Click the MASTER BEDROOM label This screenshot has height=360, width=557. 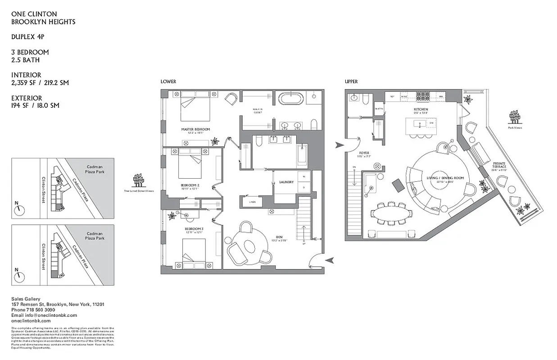[x=195, y=129]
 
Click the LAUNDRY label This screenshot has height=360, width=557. [x=286, y=182]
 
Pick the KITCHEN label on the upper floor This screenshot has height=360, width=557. [x=421, y=109]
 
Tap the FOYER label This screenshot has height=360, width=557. [x=363, y=153]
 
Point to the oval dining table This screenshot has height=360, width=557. [x=390, y=212]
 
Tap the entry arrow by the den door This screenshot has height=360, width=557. [x=330, y=259]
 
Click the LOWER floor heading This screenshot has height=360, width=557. [x=168, y=81]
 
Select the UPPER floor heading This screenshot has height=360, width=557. [x=351, y=81]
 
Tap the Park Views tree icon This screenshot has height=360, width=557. [x=515, y=117]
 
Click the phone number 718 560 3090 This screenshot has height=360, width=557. [x=43, y=310]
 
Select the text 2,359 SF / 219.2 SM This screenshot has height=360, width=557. [x=40, y=83]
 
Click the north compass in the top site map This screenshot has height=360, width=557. [x=19, y=210]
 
